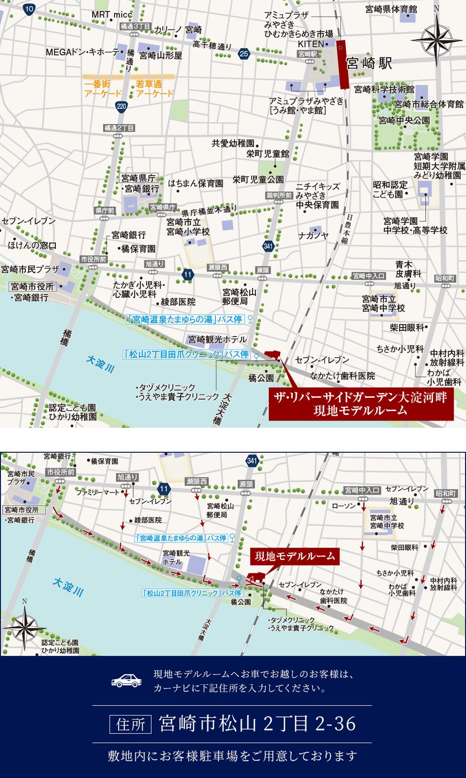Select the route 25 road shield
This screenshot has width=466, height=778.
(x=244, y=54)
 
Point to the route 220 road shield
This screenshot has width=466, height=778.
(x=122, y=106)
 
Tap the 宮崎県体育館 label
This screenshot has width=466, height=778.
(x=391, y=9)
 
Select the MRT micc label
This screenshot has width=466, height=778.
(x=112, y=15)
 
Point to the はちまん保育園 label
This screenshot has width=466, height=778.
(x=195, y=183)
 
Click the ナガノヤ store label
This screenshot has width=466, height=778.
(x=313, y=236)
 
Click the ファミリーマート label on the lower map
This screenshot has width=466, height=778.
(x=98, y=492)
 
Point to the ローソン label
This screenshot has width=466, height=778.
(x=343, y=506)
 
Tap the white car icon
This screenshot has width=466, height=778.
(x=125, y=680)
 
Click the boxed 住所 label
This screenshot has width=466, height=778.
(x=131, y=724)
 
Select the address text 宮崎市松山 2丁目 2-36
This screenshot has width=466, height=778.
(x=258, y=724)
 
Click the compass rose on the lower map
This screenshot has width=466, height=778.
(x=24, y=627)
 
